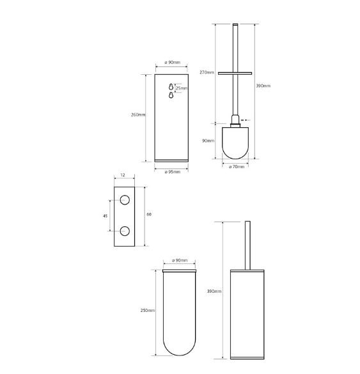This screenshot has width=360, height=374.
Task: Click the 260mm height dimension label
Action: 138,114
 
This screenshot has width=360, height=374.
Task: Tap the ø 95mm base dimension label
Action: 172,172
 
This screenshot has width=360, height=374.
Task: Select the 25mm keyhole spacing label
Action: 182,88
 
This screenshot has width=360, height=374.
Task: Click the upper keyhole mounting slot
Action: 171,86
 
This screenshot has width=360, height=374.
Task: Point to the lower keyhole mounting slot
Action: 171,95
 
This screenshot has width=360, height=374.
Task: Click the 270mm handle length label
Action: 207,72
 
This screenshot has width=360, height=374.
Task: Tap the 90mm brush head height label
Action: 208,141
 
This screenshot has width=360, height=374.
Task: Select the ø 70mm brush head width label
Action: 237,167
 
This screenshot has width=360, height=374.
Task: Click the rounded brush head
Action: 235,143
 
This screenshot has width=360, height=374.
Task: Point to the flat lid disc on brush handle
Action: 235,74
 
